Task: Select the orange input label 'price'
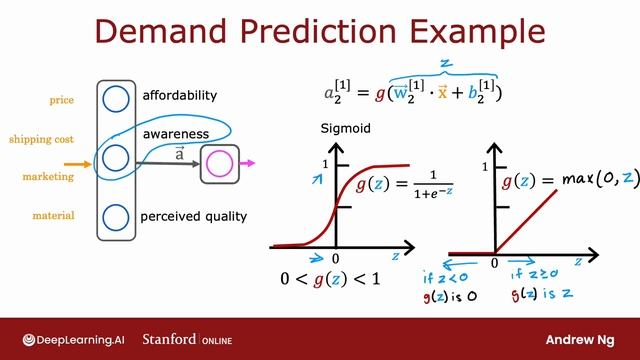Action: (61, 100)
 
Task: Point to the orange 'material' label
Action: (53, 214)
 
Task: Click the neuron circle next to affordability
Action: (116, 99)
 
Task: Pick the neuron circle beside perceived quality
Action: (116, 216)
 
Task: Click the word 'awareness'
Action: (175, 133)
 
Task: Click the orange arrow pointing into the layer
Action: (79, 162)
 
